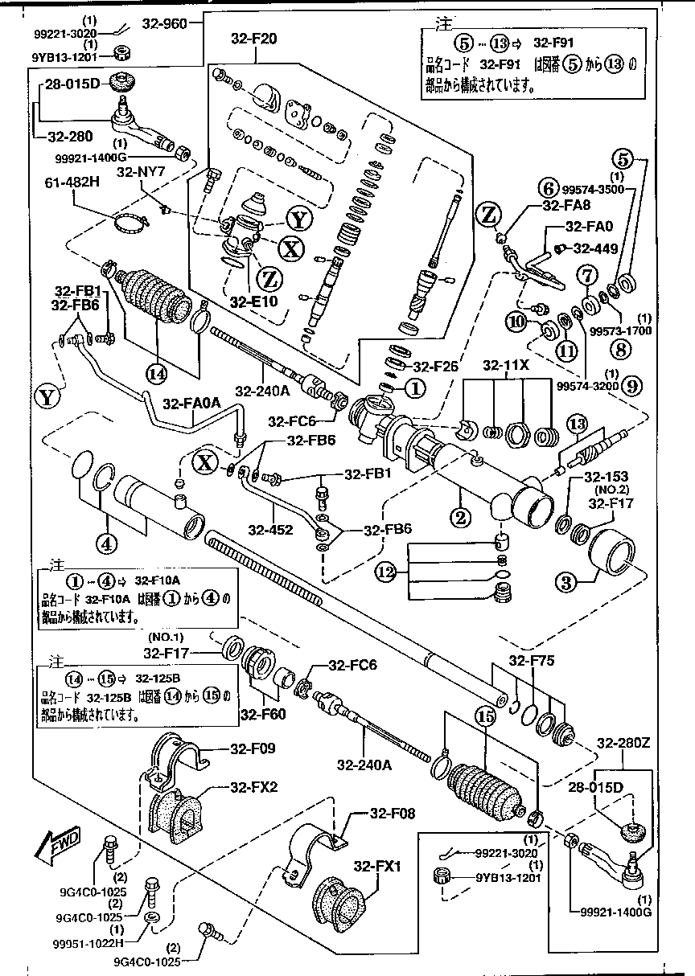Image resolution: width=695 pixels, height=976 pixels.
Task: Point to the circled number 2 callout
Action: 460,518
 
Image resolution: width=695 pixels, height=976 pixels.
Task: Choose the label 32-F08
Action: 392,814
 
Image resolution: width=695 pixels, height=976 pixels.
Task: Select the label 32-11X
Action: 505,366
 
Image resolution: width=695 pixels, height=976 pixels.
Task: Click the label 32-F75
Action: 531,661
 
